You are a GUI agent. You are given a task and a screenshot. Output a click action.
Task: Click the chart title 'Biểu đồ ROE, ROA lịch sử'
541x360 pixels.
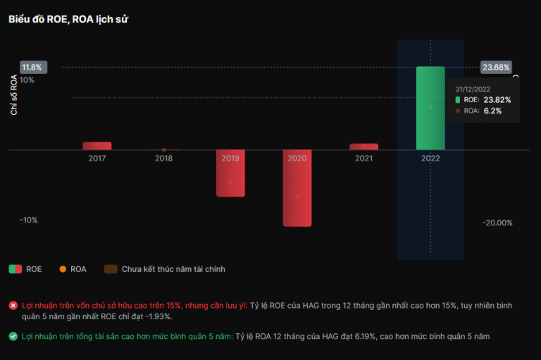[x=68, y=19]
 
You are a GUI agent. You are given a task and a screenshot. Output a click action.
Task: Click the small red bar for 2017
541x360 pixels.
[x=97, y=146]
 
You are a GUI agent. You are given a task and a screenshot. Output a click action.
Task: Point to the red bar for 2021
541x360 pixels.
[x=363, y=147]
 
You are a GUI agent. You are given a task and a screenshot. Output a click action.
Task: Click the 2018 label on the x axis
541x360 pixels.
[x=163, y=159]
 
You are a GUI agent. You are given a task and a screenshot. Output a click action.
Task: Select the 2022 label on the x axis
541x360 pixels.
[x=430, y=159]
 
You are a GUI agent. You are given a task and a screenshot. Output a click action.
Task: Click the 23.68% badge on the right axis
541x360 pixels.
[x=496, y=68]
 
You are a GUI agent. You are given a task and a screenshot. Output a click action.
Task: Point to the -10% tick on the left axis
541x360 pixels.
[x=29, y=220]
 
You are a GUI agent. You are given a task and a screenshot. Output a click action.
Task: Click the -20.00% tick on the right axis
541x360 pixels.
[x=497, y=223]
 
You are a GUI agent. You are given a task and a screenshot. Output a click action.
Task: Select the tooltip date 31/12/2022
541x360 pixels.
[x=473, y=89]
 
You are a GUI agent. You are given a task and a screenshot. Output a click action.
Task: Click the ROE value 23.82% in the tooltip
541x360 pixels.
[x=497, y=100]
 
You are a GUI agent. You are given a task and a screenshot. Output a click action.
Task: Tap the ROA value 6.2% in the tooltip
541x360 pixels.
[x=492, y=111]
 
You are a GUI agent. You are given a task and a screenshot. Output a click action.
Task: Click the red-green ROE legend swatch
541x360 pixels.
[x=15, y=268]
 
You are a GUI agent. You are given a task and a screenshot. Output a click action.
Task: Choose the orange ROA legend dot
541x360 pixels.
[x=63, y=268]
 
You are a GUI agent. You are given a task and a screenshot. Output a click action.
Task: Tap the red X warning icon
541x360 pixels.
[x=13, y=305]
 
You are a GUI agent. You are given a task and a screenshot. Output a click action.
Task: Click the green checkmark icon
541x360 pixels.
[x=13, y=336]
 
